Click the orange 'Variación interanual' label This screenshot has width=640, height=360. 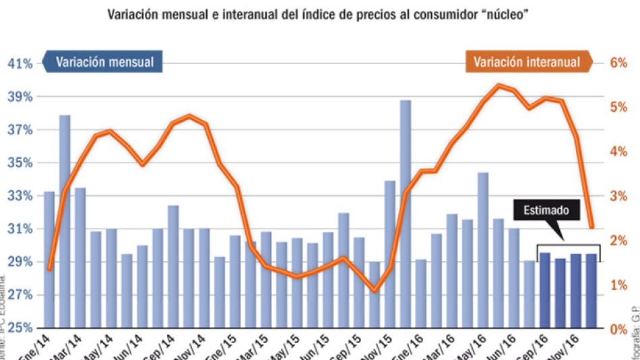pyautogui.click(x=526, y=62)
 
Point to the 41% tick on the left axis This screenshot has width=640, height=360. pyautogui.click(x=20, y=63)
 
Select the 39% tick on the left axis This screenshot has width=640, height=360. pyautogui.click(x=20, y=96)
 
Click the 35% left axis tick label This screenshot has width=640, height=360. pyautogui.click(x=20, y=162)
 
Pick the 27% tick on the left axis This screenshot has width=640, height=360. pyautogui.click(x=20, y=295)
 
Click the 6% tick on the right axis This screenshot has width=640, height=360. pyautogui.click(x=618, y=63)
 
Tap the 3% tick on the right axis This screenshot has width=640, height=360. pyautogui.click(x=618, y=196)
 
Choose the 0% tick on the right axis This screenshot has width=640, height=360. pyautogui.click(x=618, y=329)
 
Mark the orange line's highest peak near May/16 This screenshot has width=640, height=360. pyautogui.click(x=498, y=85)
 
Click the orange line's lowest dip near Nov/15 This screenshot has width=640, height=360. pyautogui.click(x=375, y=291)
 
